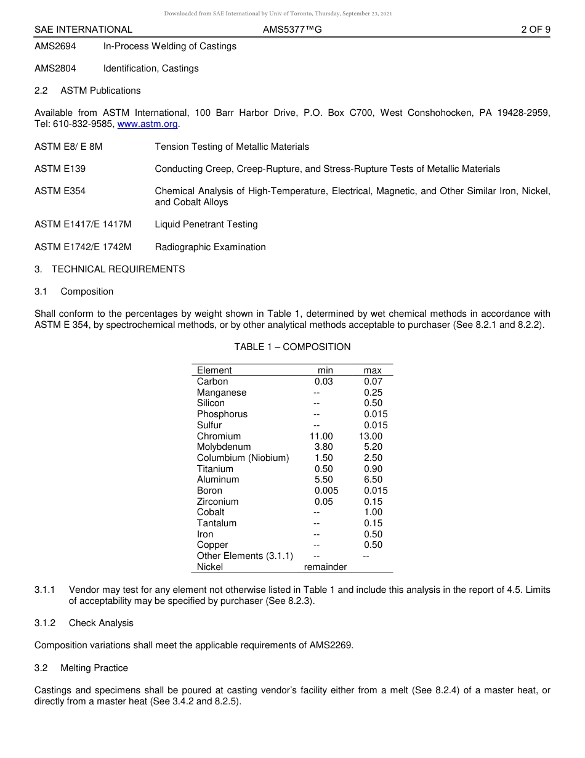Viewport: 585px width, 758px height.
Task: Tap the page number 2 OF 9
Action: click(535, 29)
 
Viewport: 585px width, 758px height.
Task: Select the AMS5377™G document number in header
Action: click(292, 29)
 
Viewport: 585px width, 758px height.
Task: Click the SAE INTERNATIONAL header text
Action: click(83, 29)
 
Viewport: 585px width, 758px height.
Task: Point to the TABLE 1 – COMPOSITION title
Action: click(292, 347)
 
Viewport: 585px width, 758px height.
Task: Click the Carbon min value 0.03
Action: click(323, 381)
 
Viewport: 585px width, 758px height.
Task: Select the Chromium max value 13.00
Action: click(371, 436)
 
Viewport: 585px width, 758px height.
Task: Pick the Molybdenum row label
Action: click(224, 447)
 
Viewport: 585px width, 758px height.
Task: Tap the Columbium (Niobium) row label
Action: click(243, 458)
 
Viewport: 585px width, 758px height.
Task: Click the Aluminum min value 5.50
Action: click(323, 479)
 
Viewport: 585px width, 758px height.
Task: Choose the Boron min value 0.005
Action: click(326, 491)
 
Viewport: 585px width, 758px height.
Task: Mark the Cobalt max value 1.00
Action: click(373, 512)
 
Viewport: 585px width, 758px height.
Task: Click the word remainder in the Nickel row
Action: click(325, 567)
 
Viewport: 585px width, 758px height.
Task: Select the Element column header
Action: click(214, 370)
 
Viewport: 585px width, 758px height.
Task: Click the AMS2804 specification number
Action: click(55, 68)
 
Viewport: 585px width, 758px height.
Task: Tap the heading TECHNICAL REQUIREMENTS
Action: click(118, 269)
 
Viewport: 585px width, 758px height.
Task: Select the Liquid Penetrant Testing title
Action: click(206, 224)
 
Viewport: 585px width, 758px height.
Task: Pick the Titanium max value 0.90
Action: click(373, 469)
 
